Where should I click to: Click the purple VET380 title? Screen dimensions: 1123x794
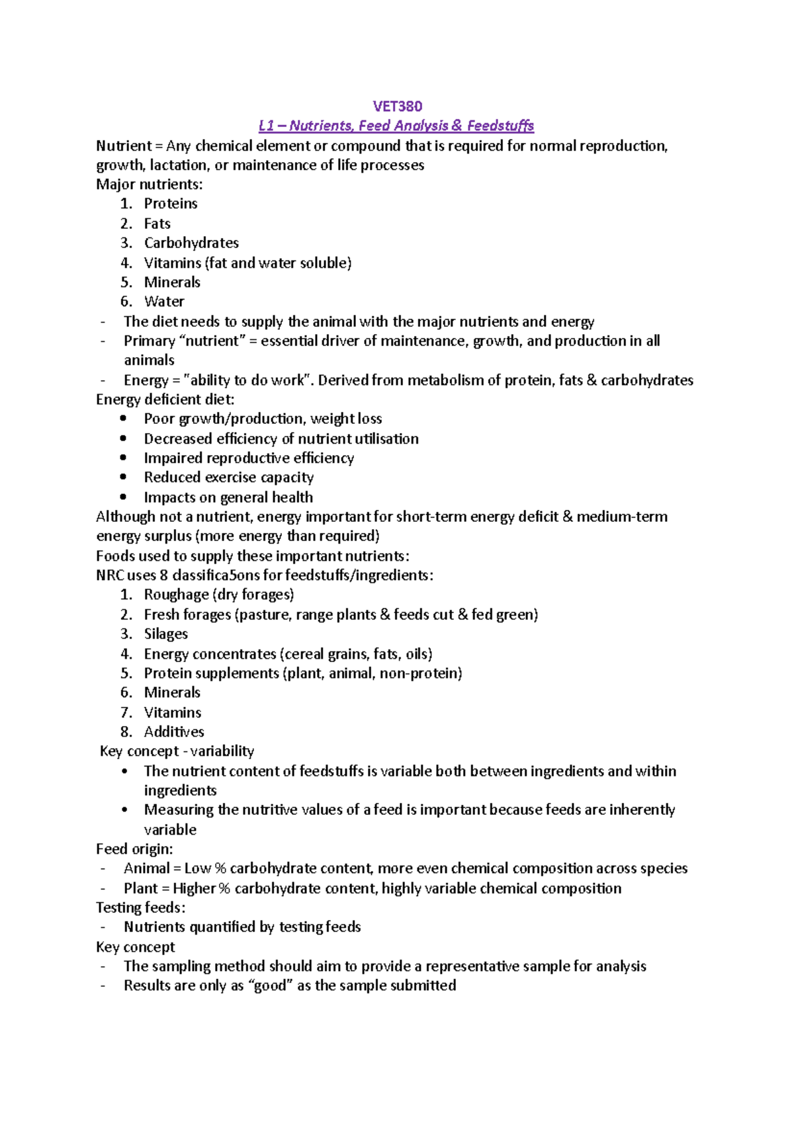tap(397, 106)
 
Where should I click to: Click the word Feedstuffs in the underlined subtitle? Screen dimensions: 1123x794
tap(500, 126)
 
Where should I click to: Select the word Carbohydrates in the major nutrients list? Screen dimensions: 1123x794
tap(191, 243)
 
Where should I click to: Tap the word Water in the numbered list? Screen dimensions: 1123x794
tap(164, 302)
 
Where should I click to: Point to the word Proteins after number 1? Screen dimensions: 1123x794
tap(171, 204)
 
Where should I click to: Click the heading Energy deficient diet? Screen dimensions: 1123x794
tap(165, 399)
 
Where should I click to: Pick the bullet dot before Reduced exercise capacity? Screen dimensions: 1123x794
tap(123, 477)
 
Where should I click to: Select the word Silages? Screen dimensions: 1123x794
tap(165, 634)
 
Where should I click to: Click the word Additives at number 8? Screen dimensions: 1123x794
tap(174, 732)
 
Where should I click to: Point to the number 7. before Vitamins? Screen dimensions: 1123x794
tap(126, 713)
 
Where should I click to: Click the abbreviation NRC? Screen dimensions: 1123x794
tap(110, 575)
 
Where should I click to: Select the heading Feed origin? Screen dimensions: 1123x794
tap(134, 849)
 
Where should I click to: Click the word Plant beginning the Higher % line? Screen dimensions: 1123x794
tap(141, 888)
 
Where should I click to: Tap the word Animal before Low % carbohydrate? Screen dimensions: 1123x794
tap(147, 868)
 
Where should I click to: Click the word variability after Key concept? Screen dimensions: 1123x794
tap(222, 751)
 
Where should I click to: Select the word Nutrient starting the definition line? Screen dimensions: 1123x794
tap(124, 146)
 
